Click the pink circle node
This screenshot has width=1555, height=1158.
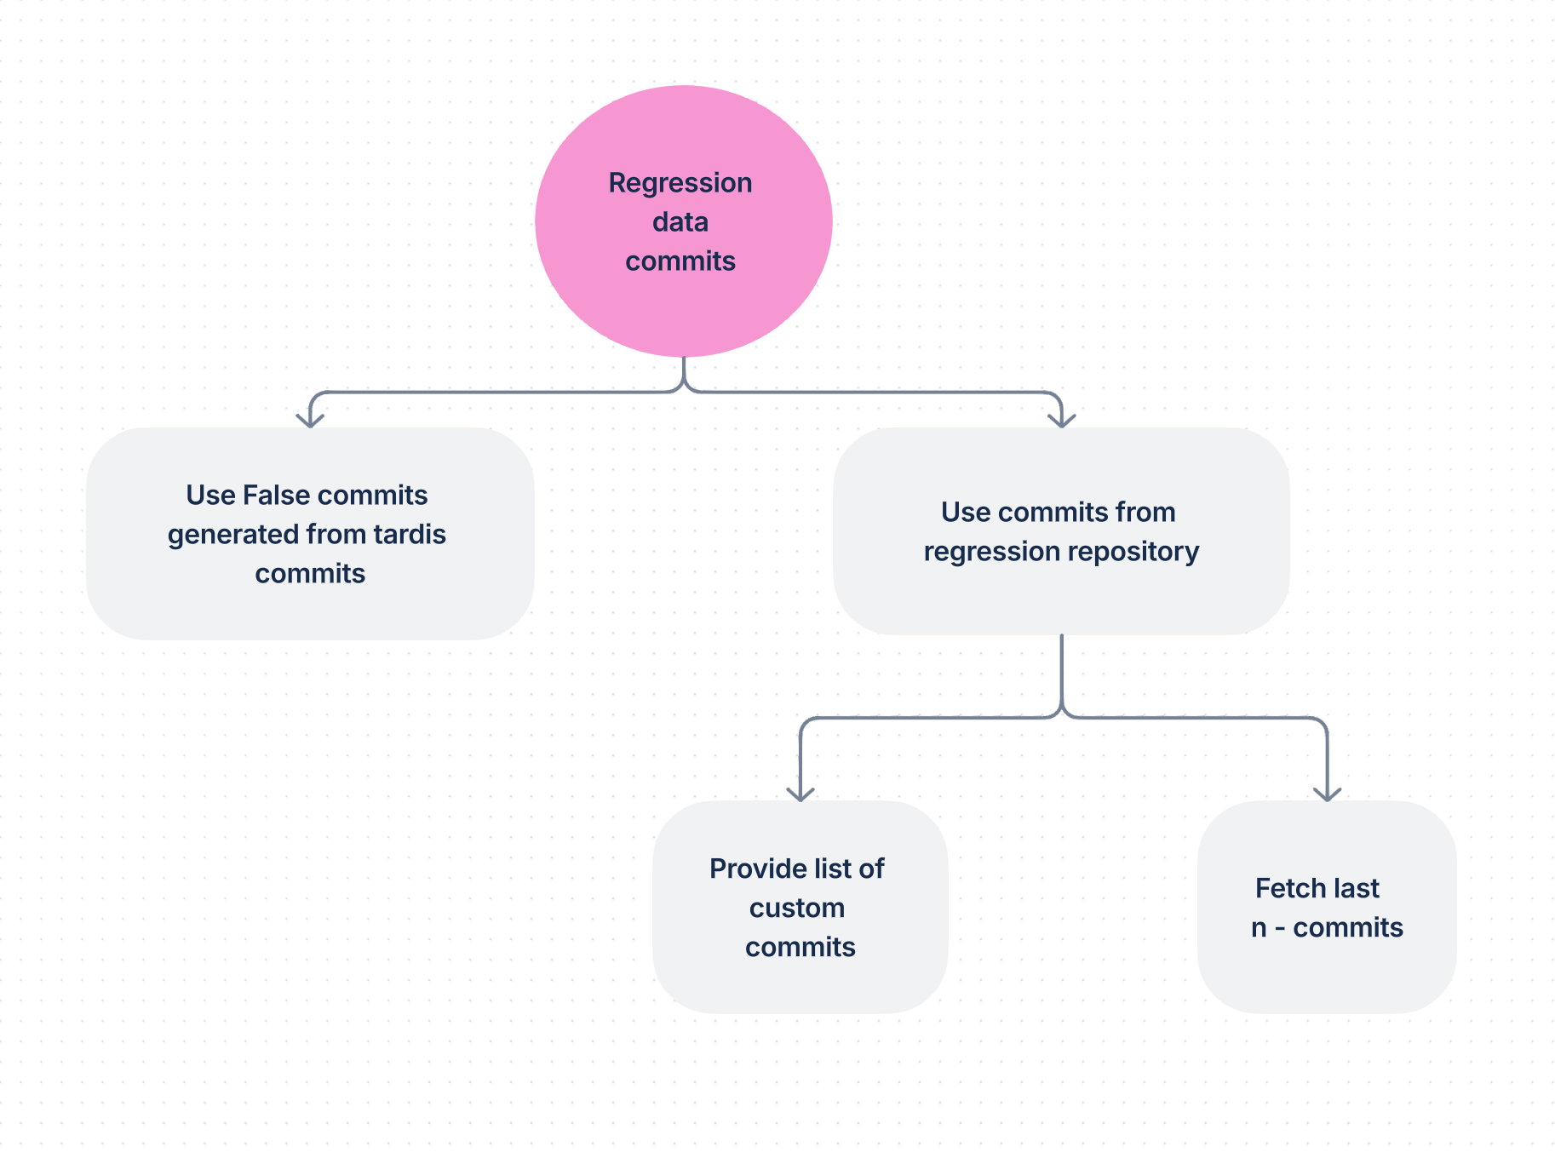[x=683, y=221]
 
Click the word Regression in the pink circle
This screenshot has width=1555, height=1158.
[x=680, y=184]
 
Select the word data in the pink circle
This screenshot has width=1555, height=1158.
[x=680, y=222]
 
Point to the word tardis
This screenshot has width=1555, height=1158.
[x=410, y=534]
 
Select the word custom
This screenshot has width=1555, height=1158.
[x=797, y=908]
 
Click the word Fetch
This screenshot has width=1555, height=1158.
[x=1290, y=888]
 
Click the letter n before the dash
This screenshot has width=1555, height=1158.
[x=1259, y=929]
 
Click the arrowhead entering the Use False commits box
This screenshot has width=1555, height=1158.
[x=310, y=420]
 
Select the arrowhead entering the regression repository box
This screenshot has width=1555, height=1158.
[x=1062, y=420]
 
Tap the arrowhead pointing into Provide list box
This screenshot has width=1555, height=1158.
[x=800, y=794]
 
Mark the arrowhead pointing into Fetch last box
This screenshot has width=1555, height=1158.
[x=1328, y=794]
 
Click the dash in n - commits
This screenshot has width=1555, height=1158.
[x=1280, y=928]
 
